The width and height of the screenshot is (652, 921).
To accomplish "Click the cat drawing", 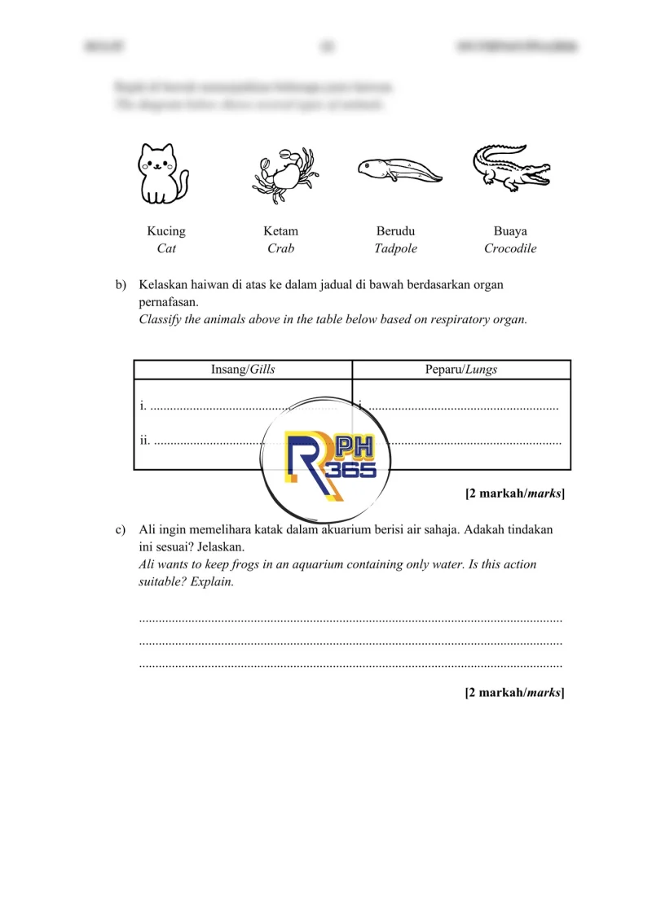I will (163, 173).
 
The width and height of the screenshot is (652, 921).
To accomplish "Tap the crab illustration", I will (283, 173).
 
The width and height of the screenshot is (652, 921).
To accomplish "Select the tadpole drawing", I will (399, 169).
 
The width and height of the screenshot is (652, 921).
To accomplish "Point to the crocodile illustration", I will (511, 168).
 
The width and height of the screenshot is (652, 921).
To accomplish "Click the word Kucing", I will (166, 231).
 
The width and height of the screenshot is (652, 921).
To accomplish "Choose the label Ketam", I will (280, 231).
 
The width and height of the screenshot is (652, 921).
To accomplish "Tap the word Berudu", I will (395, 231).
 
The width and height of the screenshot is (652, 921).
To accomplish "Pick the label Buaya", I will (510, 231).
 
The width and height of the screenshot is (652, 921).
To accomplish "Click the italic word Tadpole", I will (395, 248).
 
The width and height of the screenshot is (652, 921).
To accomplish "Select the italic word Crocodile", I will (510, 248).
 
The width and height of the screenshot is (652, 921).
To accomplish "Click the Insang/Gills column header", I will (243, 369).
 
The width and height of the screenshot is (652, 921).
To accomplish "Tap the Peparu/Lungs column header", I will (461, 369).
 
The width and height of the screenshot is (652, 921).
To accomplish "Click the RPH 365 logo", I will (329, 459).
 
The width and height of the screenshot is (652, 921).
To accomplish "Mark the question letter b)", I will (121, 286).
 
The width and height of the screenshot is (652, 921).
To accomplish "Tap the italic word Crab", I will (280, 248).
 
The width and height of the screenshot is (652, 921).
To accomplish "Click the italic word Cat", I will (166, 248).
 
